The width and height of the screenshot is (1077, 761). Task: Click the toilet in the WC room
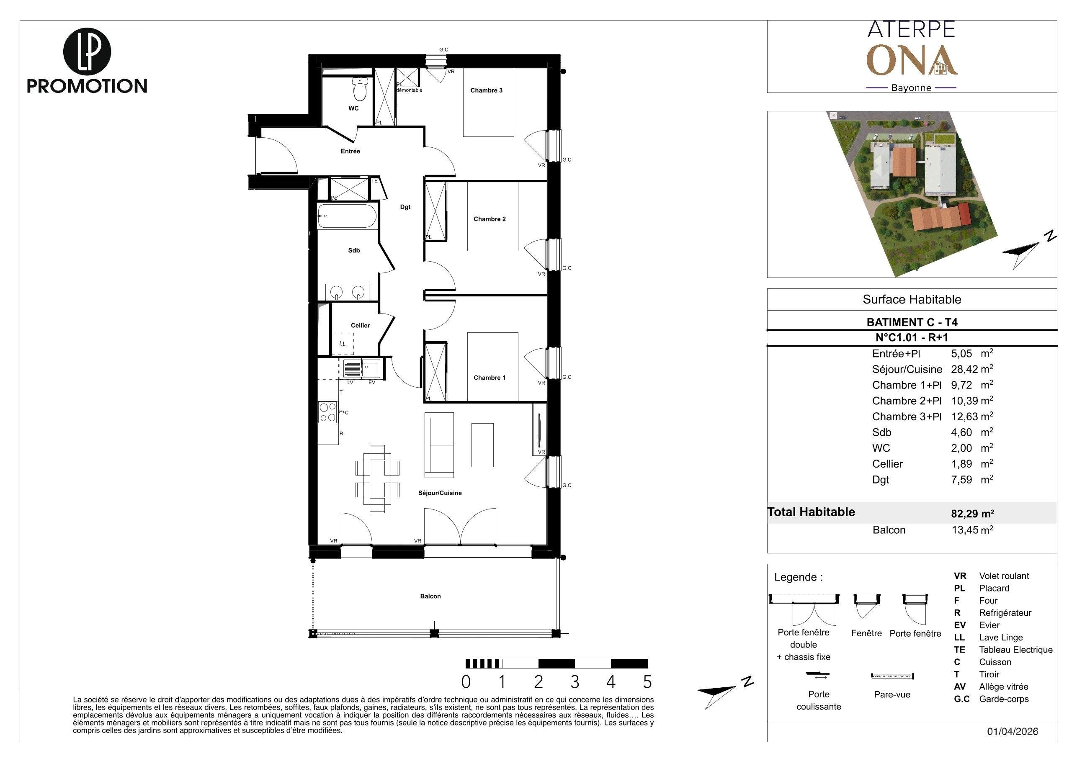pos(360,89)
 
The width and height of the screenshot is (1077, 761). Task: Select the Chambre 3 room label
pos(487,90)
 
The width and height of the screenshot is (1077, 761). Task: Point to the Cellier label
pos(360,325)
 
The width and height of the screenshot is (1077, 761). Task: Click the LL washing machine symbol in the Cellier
pos(343,343)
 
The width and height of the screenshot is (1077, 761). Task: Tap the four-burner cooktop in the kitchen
pos(328,412)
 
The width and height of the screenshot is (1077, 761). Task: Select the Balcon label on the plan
pos(430,596)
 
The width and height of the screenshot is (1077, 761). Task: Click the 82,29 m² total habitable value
pos(972,514)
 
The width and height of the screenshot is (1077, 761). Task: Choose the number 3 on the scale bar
pos(575,682)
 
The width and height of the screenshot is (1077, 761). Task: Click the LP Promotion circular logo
pos(87,51)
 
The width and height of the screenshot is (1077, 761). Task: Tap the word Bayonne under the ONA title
pos(912,87)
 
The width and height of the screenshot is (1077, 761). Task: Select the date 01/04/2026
pos(1013,731)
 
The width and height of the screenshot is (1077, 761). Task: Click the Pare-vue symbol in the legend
pos(892,676)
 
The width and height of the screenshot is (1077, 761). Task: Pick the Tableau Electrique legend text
pos(1015,650)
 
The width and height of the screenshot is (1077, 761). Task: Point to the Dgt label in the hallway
pos(405,207)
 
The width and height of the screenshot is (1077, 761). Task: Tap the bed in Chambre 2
pos(492,217)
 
